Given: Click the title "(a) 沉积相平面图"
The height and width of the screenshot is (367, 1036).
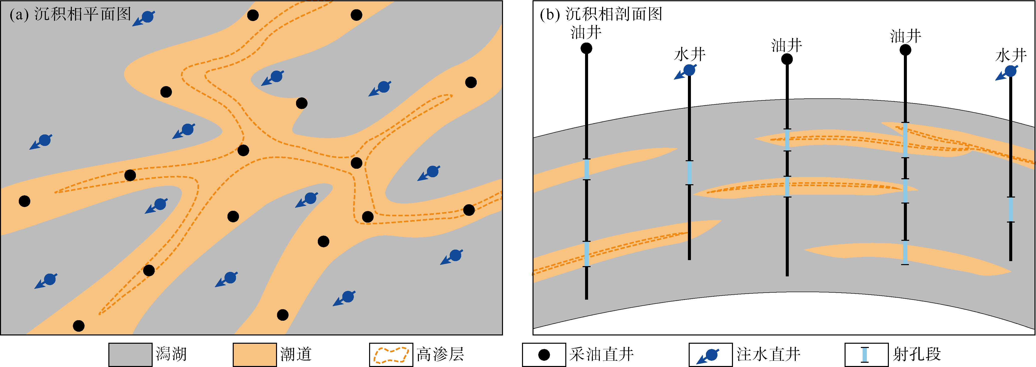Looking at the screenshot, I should coord(70,15).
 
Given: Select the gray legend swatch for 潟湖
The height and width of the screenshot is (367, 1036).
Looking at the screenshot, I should coord(130,354).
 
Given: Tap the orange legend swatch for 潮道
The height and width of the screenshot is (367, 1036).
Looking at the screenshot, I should coord(254,354).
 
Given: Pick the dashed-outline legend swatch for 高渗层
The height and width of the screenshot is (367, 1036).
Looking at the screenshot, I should coord(391,354).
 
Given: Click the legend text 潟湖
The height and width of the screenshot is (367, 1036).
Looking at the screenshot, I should coord(171,354).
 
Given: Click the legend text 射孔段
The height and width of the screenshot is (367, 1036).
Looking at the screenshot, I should coord(917,354).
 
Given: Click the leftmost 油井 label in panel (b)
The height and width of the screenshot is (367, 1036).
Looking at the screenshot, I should coord(586,33).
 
